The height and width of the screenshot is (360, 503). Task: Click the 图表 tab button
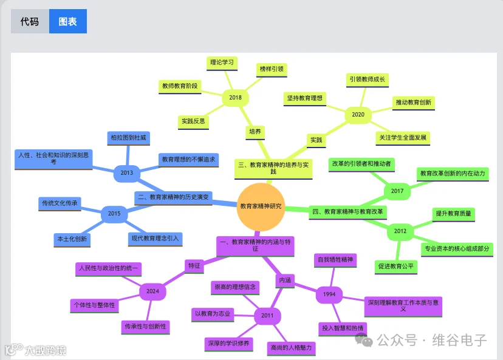[x=67, y=21]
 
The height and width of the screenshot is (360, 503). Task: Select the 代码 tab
[x=30, y=21]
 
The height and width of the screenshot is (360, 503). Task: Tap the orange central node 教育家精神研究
[x=261, y=206]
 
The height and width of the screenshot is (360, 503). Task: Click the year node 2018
[x=235, y=98]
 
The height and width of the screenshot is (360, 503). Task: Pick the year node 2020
[x=358, y=115]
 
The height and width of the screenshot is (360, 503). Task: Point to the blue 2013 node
[x=127, y=173]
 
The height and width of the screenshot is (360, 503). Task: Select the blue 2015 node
[x=114, y=214]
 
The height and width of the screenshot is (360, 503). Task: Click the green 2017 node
[x=397, y=191]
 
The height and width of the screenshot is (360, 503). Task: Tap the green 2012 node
[x=400, y=231]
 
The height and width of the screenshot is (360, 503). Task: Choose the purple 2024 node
[x=152, y=291]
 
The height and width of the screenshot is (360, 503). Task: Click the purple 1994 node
[x=329, y=294]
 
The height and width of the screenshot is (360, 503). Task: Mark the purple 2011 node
[x=267, y=316]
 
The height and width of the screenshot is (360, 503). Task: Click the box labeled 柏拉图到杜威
[x=128, y=138]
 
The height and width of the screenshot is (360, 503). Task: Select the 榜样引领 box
[x=272, y=70]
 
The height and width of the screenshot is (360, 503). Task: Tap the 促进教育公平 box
[x=396, y=267]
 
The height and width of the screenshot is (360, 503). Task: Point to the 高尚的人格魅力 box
[x=291, y=348]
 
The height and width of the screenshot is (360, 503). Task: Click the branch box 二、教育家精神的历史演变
[x=173, y=197]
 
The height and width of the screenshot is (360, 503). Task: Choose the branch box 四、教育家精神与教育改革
[x=347, y=212]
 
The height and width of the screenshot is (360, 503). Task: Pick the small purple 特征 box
[x=194, y=266]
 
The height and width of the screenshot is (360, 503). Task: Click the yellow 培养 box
[x=255, y=132]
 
